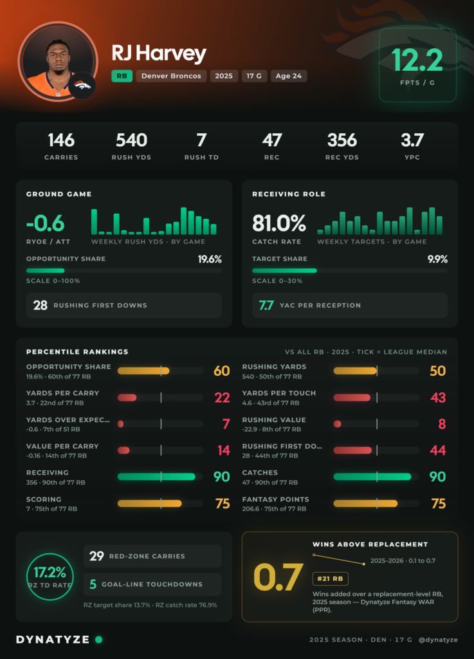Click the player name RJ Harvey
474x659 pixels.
tap(159, 54)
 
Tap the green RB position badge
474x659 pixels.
tap(122, 76)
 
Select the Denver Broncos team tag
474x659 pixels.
tap(171, 76)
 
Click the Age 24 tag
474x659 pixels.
tap(288, 76)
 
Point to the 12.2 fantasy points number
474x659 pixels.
tap(417, 60)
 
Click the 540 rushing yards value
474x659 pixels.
tap(131, 140)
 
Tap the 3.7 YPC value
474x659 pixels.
tap(412, 140)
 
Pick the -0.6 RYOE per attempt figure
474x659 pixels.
tap(46, 223)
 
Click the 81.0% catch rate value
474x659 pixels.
tap(278, 223)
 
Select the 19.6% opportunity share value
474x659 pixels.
tap(210, 259)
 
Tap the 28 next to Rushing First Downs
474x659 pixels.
tap(41, 305)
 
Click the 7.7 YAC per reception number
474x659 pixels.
tap(266, 305)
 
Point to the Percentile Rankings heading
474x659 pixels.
tap(77, 352)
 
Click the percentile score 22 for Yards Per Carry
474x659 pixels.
tap(222, 398)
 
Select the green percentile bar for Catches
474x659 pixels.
tap(372, 477)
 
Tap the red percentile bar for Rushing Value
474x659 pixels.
tap(337, 424)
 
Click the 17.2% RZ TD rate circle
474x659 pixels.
tap(50, 577)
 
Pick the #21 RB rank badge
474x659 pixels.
tap(330, 579)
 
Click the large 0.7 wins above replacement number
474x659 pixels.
tap(278, 577)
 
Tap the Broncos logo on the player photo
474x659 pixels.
tap(82, 86)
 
